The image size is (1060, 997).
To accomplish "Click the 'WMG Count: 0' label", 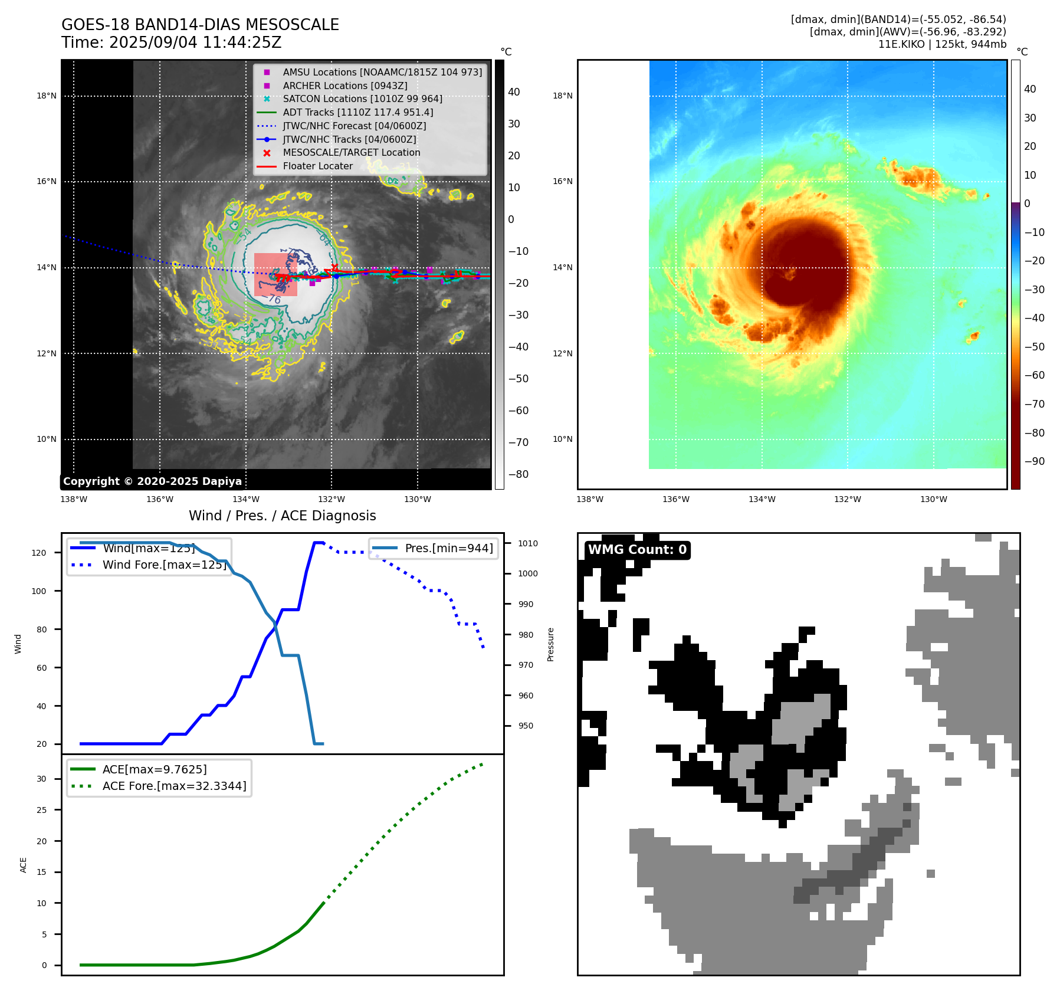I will [x=637, y=550].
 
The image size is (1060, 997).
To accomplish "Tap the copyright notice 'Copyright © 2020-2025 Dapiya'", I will [x=152, y=481].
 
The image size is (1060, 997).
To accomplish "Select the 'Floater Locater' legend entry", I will [x=317, y=166].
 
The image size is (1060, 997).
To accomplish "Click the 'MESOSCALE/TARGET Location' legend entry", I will [x=351, y=153].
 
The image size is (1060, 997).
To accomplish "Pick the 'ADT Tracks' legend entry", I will [x=357, y=112].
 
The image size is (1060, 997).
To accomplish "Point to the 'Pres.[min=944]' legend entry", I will [x=448, y=548].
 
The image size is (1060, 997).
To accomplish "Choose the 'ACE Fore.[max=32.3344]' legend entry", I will [x=174, y=786].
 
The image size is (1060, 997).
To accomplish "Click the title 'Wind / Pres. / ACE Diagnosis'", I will [x=282, y=516].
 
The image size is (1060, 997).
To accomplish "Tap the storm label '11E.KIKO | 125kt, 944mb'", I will [x=942, y=44].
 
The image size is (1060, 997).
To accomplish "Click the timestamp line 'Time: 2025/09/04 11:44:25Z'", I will [x=172, y=43].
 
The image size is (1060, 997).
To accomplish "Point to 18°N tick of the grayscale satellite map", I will [x=47, y=96].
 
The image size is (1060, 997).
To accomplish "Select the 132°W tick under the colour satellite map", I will [x=847, y=500].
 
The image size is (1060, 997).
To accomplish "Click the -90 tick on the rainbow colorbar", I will [x=1033, y=461].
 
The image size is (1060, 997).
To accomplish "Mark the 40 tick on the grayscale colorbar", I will [x=514, y=92].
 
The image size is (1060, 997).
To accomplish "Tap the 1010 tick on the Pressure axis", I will [x=528, y=543].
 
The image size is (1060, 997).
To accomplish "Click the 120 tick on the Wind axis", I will [x=39, y=553].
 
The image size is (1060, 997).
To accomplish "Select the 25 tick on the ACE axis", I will [x=41, y=810].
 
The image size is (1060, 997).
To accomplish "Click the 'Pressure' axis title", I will [x=550, y=644].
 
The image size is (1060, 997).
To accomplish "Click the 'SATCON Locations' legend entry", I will [x=362, y=99].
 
